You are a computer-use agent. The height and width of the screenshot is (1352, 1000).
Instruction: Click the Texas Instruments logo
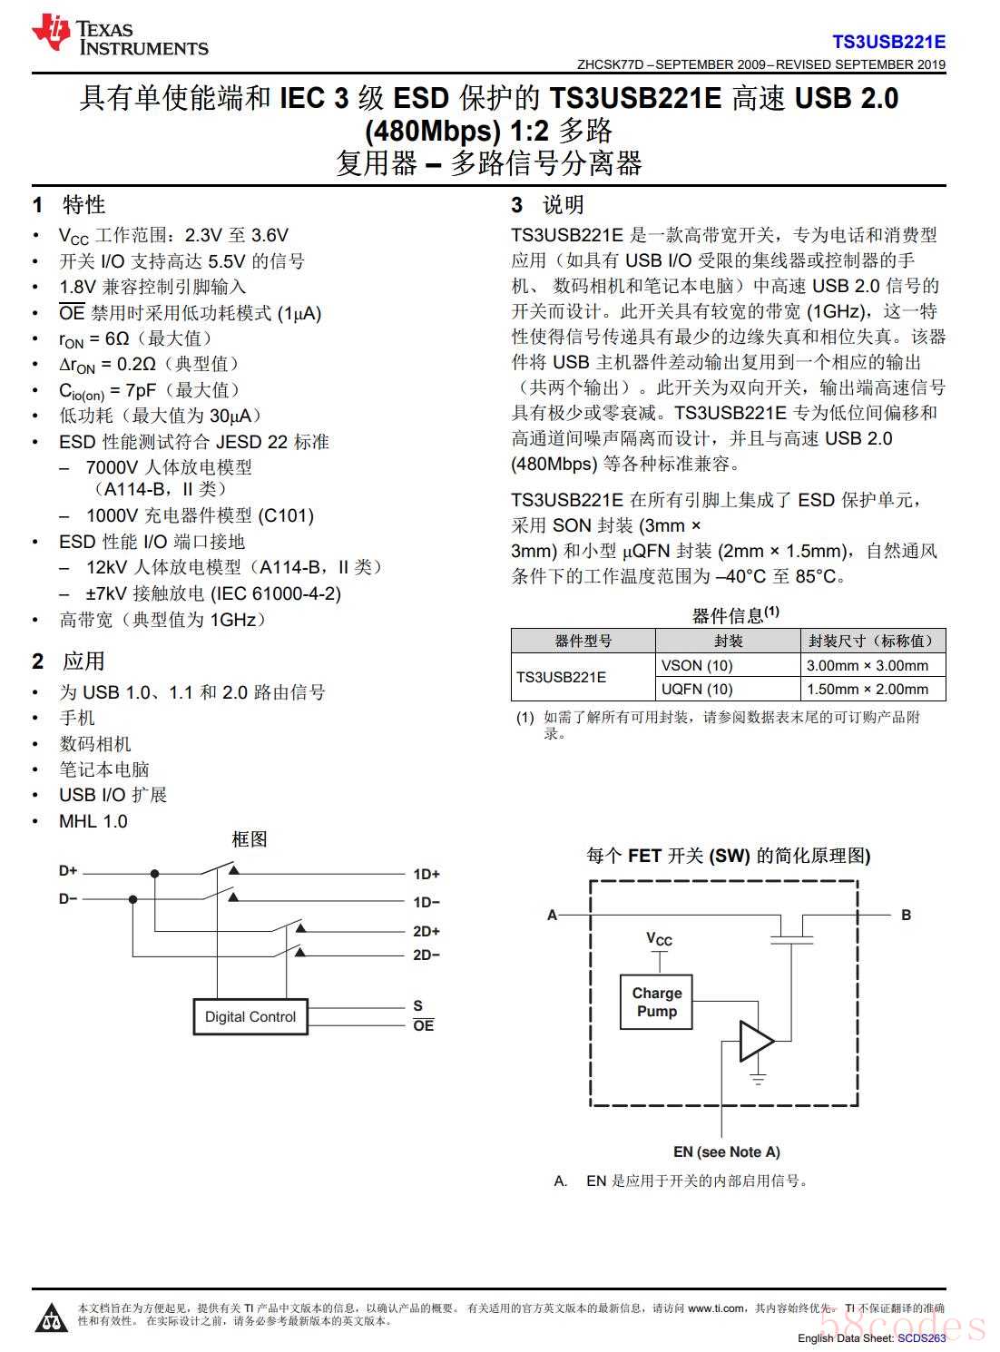coord(120,36)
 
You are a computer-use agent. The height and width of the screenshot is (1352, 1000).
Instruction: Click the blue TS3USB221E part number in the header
coord(888,42)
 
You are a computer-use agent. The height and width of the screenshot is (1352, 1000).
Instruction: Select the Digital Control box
coord(250,1016)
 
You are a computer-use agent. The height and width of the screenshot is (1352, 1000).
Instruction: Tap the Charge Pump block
coord(656,1002)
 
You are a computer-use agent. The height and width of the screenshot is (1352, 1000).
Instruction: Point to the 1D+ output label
coord(426,875)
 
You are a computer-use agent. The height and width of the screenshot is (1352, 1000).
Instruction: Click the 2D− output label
coord(426,955)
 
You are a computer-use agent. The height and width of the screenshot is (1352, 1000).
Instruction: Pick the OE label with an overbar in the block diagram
coord(423,1025)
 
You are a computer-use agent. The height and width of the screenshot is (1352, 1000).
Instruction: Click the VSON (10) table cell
coord(697,665)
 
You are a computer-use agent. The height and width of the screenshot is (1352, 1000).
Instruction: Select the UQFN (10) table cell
coord(697,689)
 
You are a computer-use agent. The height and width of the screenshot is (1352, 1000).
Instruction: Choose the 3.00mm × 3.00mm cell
coord(867,665)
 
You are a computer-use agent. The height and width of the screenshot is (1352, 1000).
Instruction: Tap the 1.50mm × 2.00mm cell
coord(867,689)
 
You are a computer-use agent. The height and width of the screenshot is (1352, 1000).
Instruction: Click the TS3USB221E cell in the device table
coord(562,677)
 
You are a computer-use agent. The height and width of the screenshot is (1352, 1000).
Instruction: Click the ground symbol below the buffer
coord(758,1079)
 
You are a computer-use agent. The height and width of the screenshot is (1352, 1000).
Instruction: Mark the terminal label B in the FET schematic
coord(906,915)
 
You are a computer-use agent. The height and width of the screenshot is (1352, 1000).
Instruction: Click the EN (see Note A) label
coord(726,1151)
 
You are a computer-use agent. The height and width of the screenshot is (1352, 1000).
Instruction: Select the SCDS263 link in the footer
coord(922,1337)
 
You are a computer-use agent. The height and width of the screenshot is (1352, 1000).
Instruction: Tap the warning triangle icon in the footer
coord(51,1318)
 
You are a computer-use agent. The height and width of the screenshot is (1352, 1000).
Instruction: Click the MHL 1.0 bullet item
coord(93,821)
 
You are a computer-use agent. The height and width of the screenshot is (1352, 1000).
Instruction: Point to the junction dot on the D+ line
coord(155,874)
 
